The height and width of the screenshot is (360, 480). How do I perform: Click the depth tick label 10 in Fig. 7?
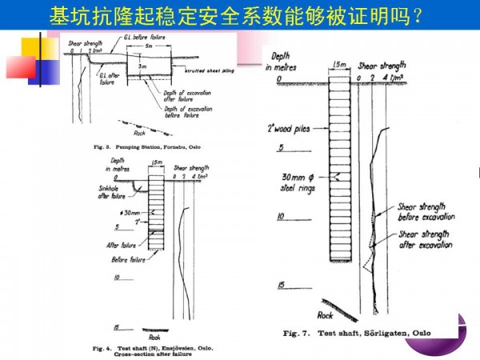coord(281,217)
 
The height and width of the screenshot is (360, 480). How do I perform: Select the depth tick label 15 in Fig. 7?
coord(281,285)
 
